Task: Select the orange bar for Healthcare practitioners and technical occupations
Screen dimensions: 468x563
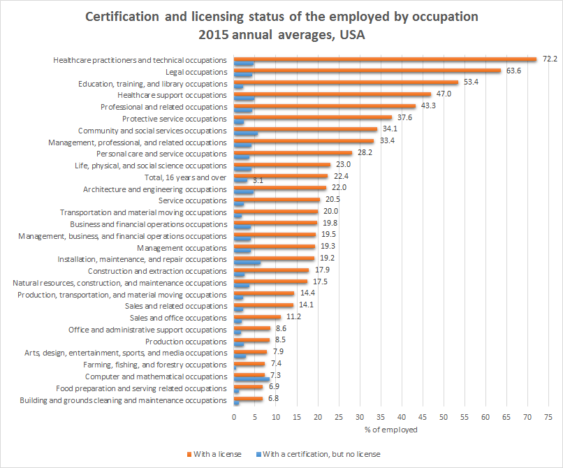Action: coord(385,59)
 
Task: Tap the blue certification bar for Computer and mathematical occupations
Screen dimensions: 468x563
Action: coord(251,379)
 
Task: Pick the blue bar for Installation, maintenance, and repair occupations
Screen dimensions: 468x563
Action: coord(247,263)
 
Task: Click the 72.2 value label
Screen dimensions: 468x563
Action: coord(549,59)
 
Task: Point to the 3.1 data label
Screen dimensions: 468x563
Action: coord(258,181)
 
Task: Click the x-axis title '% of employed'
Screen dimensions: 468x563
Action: coord(391,430)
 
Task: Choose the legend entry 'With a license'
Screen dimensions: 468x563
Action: coord(215,454)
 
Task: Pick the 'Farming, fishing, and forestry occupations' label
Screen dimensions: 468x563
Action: coord(155,365)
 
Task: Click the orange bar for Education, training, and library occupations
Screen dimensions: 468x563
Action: coord(346,82)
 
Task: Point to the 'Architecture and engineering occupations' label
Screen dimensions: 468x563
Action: coord(155,189)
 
